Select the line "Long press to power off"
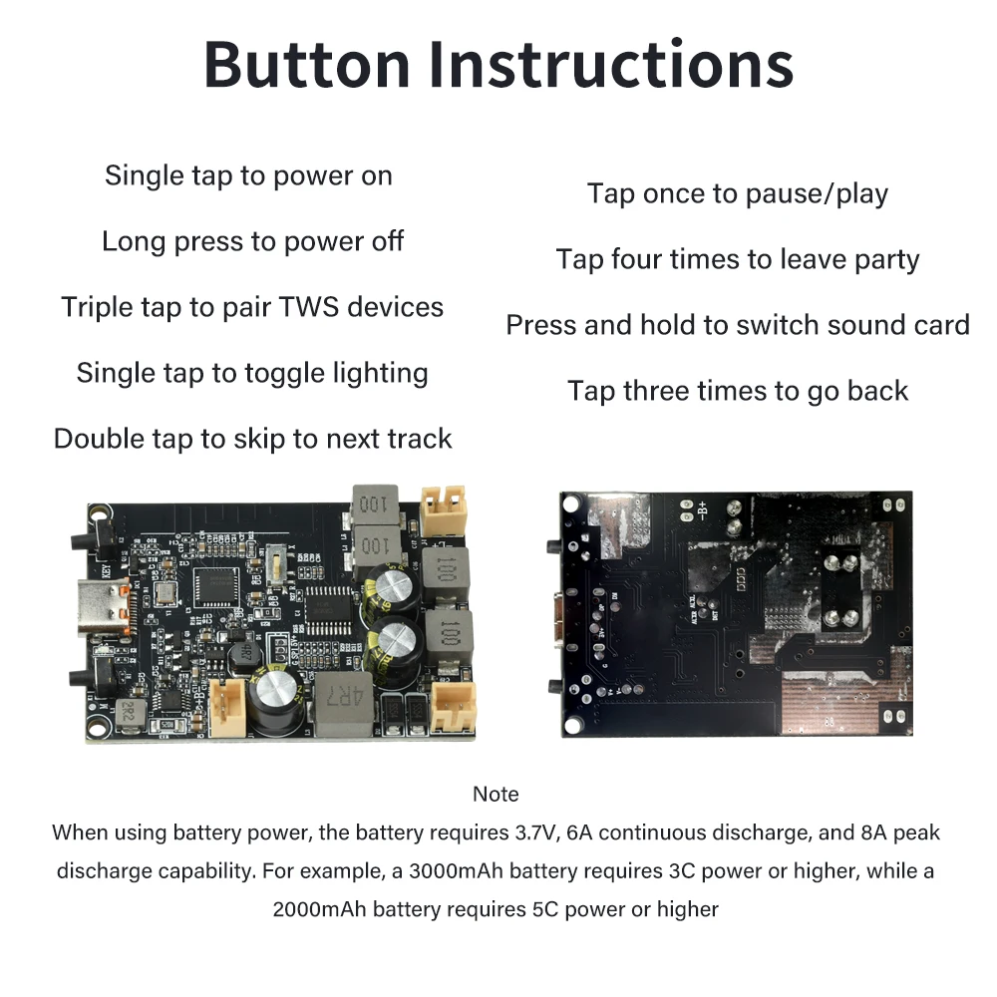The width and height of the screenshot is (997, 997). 252,241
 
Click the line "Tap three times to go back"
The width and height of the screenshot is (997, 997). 738,391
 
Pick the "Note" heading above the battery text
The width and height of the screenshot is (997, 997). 496,795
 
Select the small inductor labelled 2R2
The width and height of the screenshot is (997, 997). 129,712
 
